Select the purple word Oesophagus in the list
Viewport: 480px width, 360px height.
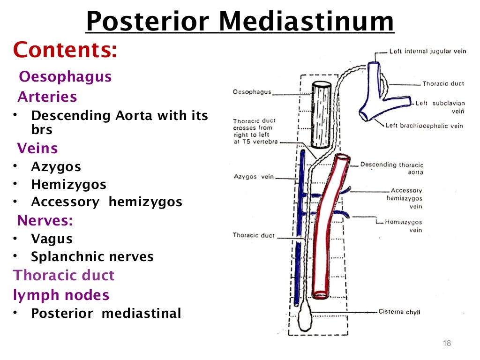point(65,76)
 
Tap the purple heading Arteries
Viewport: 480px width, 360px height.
point(47,97)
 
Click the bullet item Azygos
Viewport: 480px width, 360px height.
point(56,166)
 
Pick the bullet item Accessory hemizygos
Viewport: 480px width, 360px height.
point(106,202)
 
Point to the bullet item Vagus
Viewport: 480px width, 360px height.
point(52,239)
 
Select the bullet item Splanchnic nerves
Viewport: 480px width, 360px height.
point(92,257)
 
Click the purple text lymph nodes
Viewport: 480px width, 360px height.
point(61,295)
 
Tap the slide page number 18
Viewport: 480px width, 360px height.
point(446,344)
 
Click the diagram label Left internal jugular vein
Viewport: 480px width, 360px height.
point(427,51)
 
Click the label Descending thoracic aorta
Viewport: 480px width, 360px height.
point(392,168)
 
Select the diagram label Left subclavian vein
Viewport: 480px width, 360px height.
point(440,107)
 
